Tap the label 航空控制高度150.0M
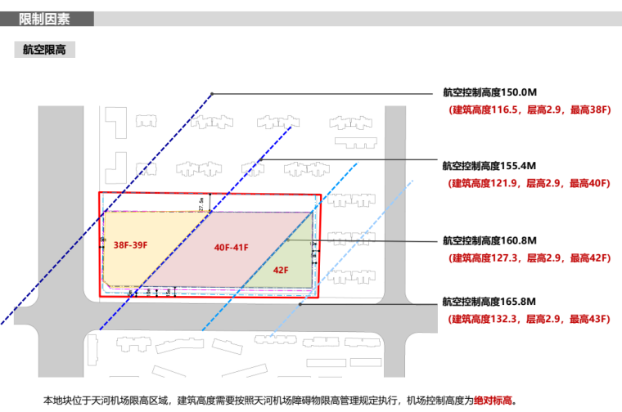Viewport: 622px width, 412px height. [489, 93]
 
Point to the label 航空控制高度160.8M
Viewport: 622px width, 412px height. [489, 241]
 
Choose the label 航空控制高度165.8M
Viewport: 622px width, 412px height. [489, 302]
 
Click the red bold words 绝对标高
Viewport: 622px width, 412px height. [494, 401]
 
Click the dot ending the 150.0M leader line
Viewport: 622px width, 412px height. [211, 94]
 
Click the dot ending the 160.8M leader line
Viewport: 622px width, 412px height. [287, 240]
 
